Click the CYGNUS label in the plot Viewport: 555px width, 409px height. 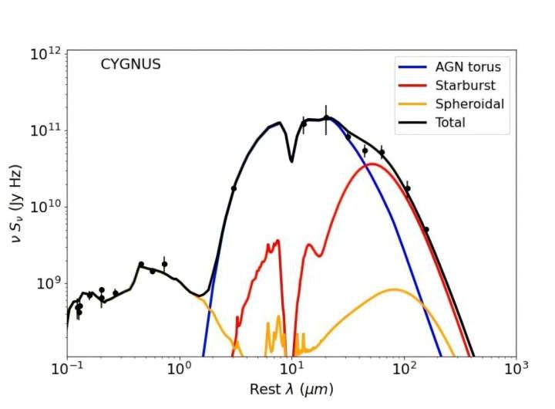[130, 65]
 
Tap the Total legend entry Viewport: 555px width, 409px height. [450, 123]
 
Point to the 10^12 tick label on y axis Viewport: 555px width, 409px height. [45, 54]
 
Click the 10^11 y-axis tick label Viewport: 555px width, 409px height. [45, 130]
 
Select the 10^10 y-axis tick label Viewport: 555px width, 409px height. [45, 207]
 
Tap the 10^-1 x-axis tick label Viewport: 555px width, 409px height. [68, 371]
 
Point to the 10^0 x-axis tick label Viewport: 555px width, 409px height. [180, 371]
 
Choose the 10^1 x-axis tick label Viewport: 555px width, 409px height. [291, 371]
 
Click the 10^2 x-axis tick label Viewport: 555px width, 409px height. [404, 371]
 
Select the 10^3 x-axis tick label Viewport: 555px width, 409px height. [516, 371]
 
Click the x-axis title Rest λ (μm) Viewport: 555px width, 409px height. [291, 390]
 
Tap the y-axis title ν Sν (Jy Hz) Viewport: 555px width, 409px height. [16, 204]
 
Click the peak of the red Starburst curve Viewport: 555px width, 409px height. [372, 164]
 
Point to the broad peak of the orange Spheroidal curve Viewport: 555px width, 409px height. [394, 289]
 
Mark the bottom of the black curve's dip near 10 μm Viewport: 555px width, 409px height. [291, 161]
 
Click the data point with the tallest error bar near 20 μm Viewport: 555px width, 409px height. [325, 118]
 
